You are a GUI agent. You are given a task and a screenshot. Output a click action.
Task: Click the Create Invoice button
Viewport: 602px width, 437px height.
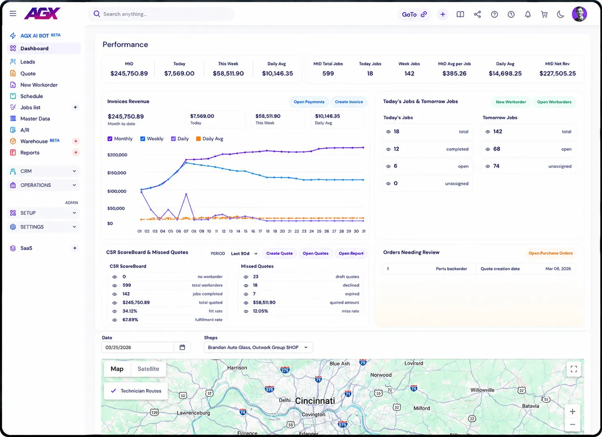[348, 102]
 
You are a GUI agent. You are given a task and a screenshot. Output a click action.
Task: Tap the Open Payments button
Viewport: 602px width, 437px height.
[309, 102]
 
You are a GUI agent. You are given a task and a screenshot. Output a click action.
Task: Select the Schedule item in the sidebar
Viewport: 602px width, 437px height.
[31, 96]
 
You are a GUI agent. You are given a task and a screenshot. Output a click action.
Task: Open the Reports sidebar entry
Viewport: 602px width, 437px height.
[30, 153]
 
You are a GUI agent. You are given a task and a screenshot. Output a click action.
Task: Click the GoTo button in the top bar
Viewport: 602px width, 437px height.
[414, 14]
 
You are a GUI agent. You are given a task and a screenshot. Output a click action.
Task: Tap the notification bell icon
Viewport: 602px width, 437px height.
[528, 14]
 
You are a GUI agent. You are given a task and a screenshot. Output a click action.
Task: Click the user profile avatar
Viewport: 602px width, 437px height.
[579, 14]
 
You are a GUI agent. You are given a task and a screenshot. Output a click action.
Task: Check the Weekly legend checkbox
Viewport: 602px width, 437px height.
[143, 138]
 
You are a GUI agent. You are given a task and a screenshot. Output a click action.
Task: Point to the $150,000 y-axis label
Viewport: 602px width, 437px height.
[117, 173]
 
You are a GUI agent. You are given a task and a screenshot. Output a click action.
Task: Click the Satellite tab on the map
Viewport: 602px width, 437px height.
[148, 369]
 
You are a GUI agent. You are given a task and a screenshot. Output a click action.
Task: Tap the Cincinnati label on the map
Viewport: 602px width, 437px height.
[315, 401]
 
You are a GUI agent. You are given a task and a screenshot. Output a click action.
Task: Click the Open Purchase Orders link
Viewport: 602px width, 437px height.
[550, 253]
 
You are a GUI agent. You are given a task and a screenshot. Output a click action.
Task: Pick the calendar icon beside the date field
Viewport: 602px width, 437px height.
[182, 347]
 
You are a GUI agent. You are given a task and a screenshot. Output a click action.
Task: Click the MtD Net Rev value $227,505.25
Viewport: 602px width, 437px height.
[558, 73]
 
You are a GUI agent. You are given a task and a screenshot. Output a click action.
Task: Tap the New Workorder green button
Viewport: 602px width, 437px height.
[511, 102]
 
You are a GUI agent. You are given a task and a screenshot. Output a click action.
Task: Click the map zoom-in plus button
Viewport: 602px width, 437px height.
[573, 412]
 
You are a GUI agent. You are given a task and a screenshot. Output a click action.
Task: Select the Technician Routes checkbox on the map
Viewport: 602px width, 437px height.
[113, 391]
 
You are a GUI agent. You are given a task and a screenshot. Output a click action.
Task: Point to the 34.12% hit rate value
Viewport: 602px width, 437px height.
[130, 311]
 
